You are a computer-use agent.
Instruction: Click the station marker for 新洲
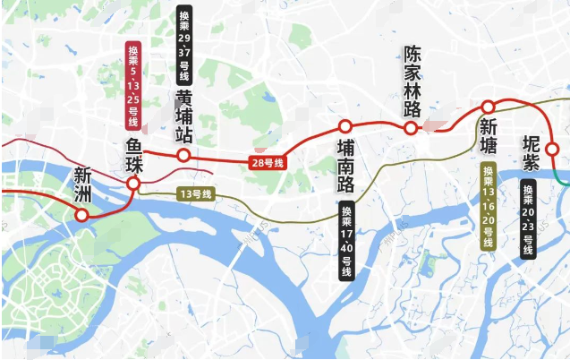tap(82, 215)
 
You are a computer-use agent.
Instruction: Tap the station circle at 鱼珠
tap(132, 184)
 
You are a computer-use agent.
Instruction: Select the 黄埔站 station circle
tap(183, 156)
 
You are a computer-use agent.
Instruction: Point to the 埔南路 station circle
tap(345, 126)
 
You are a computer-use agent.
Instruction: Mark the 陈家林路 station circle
tap(411, 128)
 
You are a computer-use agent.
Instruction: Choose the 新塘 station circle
tap(489, 107)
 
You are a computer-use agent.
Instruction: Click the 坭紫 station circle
tap(552, 149)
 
